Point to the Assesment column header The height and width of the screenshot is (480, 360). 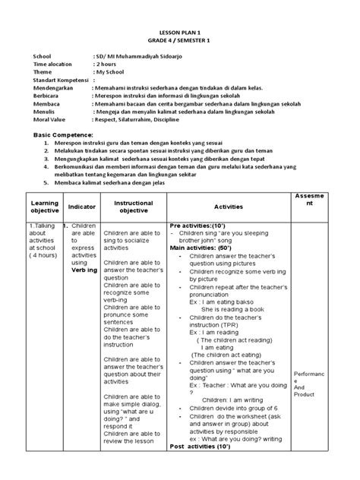315,201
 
